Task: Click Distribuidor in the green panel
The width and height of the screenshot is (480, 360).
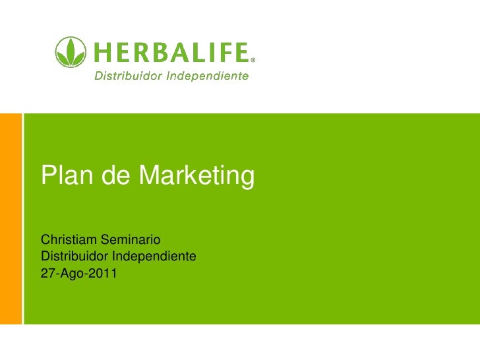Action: click(x=74, y=255)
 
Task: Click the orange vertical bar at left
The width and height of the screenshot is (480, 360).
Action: click(x=11, y=218)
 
